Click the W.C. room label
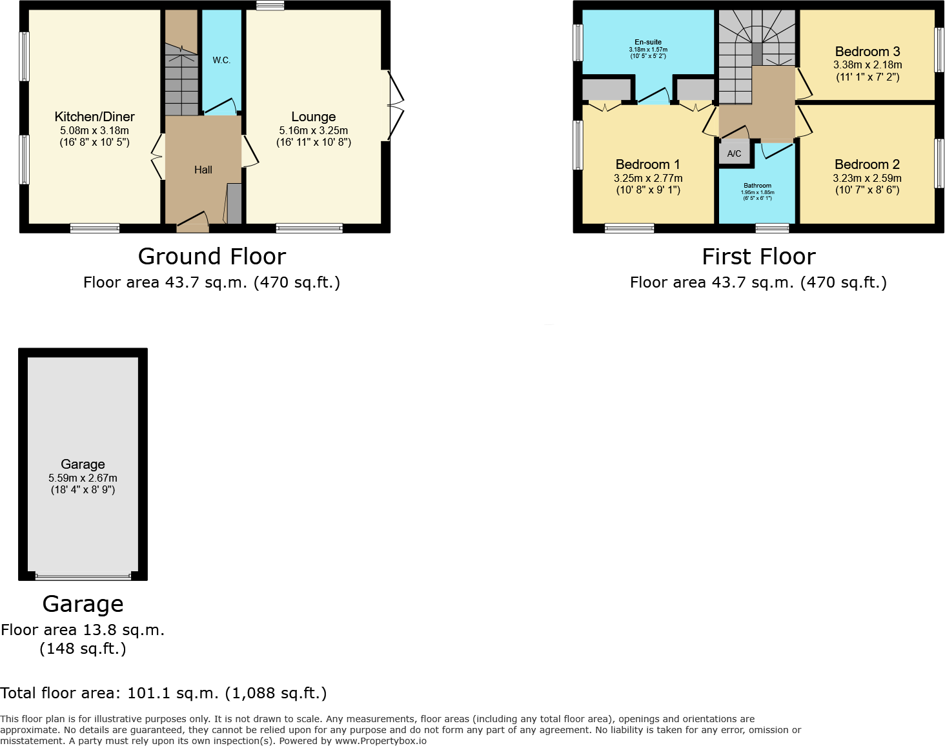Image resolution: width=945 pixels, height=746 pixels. tap(221, 60)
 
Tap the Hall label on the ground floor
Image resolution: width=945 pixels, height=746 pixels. tap(203, 170)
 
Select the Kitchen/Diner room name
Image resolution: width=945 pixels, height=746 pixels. tap(95, 117)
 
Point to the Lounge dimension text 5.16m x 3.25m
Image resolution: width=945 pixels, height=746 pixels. tap(314, 130)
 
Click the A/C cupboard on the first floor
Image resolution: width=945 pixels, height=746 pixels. tap(734, 153)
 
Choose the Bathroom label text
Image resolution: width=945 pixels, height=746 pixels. tap(757, 186)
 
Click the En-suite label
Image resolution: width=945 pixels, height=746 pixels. tap(648, 42)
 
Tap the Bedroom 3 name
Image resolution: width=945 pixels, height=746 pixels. tap(868, 52)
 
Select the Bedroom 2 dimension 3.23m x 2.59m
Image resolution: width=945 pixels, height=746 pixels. tap(868, 178)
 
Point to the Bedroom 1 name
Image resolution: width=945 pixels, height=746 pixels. tap(647, 164)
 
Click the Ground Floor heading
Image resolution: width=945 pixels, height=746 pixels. tap(212, 257)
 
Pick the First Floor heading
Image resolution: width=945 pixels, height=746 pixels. tap(758, 257)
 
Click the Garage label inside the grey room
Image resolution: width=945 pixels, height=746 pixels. tap(83, 464)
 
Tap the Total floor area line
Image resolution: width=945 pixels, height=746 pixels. tap(163, 693)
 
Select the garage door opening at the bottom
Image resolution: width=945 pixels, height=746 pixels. tap(83, 576)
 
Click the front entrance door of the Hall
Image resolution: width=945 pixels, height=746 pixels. tap(192, 222)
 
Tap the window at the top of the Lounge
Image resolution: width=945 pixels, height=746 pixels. tap(270, 6)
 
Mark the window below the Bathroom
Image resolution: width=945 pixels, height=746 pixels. tap(772, 228)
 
